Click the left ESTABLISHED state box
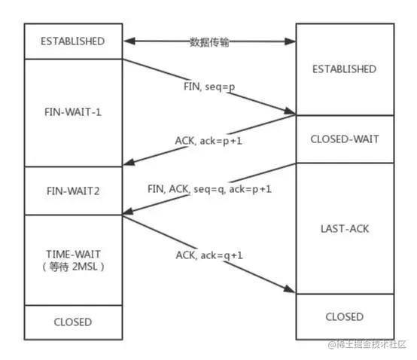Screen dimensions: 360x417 [x=74, y=41]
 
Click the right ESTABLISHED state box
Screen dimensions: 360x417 [x=344, y=69]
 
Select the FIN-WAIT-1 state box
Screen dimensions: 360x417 [x=74, y=112]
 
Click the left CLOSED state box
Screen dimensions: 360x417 [x=74, y=322]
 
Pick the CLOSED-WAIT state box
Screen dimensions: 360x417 [x=344, y=139]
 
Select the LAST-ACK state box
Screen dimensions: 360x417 [x=344, y=227]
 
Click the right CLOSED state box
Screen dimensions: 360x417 [x=344, y=316]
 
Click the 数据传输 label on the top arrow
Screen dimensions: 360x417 [x=209, y=42]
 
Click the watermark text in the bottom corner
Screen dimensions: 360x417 [x=366, y=344]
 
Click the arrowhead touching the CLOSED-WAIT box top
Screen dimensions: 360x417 [x=291, y=113]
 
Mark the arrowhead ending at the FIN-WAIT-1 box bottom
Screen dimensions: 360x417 [x=129, y=164]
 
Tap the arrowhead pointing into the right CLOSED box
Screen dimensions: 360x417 [x=291, y=291]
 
